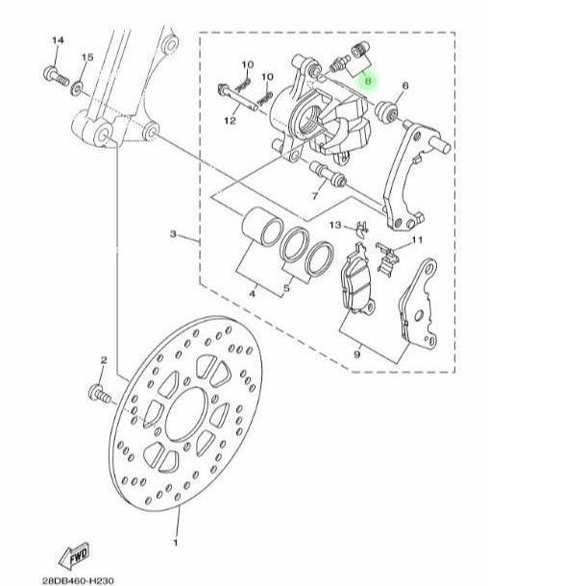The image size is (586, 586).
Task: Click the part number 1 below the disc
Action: click(x=175, y=542)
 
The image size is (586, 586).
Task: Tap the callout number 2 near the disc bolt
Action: click(x=104, y=360)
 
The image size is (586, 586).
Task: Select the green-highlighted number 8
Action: click(x=368, y=81)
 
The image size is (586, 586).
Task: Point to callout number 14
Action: click(x=58, y=40)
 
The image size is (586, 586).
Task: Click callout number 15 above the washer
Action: click(x=87, y=58)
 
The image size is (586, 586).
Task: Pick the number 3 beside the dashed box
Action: click(x=173, y=234)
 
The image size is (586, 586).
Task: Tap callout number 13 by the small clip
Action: click(x=335, y=225)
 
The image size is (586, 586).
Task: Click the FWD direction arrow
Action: click(x=74, y=554)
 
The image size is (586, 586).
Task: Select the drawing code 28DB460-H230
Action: click(x=78, y=581)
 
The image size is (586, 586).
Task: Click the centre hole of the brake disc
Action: click(x=186, y=414)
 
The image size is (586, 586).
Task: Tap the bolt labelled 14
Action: click(x=56, y=76)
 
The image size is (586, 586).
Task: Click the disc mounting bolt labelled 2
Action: click(x=99, y=394)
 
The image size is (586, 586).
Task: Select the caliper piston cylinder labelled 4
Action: click(x=262, y=227)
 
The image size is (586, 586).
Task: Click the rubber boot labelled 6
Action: click(x=386, y=110)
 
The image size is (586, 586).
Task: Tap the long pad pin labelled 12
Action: click(x=237, y=97)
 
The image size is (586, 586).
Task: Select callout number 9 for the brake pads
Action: click(x=357, y=354)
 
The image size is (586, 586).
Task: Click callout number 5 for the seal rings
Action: click(x=286, y=288)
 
